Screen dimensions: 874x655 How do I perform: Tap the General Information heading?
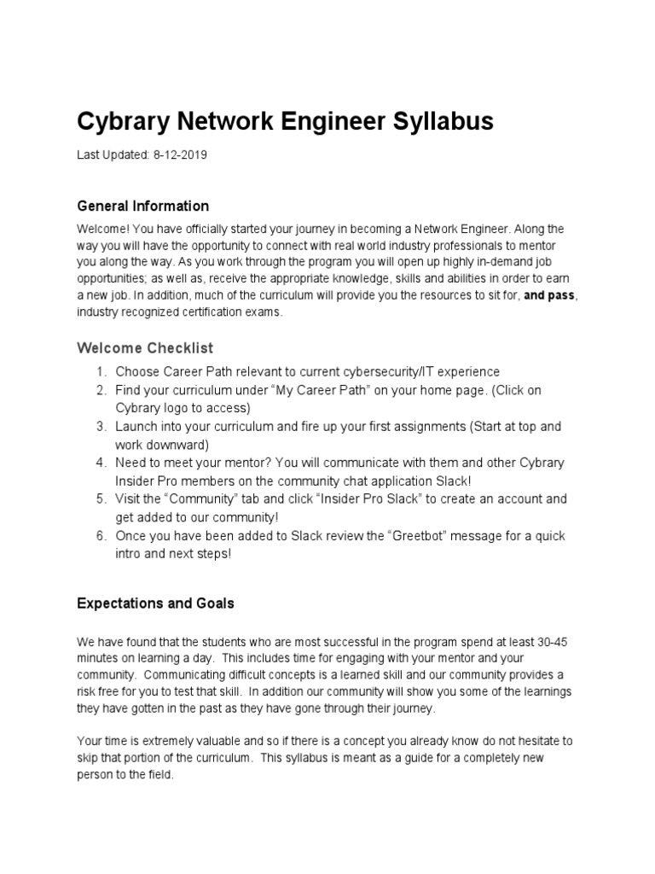[x=142, y=206]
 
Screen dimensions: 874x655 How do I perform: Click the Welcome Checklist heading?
[x=145, y=348]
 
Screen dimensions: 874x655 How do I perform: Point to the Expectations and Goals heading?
[x=155, y=603]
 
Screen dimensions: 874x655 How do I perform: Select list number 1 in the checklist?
[x=100, y=372]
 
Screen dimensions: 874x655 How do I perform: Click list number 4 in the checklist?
[x=100, y=463]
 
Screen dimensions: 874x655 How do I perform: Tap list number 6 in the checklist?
[x=100, y=536]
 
